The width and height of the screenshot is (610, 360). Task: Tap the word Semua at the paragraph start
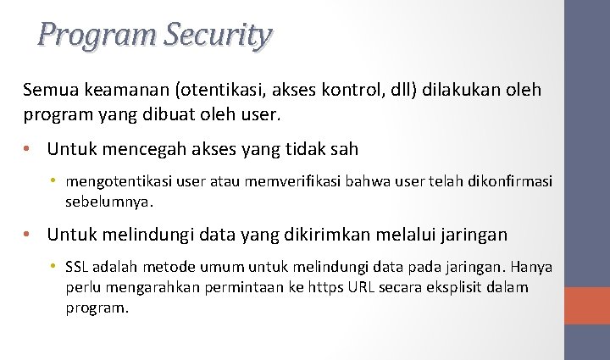(x=48, y=90)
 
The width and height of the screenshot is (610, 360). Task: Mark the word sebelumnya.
(x=110, y=202)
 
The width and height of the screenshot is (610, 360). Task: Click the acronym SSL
(x=77, y=268)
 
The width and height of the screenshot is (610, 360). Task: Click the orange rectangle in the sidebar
(x=587, y=305)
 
